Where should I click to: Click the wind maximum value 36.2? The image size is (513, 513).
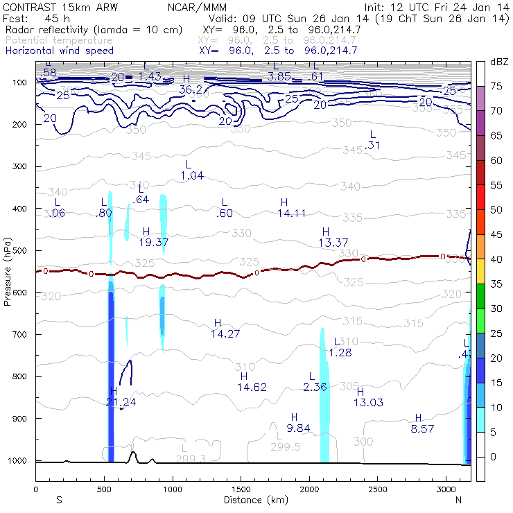pos(190,89)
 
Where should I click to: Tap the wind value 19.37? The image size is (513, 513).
pos(154,242)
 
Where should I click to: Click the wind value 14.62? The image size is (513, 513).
pos(252,387)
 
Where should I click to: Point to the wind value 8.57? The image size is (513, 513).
pos(422,429)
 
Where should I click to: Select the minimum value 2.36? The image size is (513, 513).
pos(315,387)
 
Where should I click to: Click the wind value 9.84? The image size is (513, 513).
pos(298,428)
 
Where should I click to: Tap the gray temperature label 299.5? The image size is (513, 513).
pos(287,447)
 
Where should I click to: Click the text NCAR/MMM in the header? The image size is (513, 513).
pos(197,7)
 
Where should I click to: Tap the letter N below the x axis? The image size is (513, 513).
pos(458,500)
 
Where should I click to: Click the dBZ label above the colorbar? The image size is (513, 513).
pos(500,62)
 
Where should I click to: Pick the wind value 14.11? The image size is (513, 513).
pos(291,213)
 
